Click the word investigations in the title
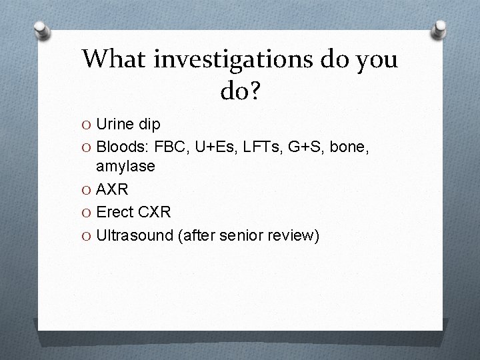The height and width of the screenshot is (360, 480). coord(226,60)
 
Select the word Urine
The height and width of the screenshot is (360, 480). coord(115,124)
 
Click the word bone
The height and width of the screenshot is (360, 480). coord(345,145)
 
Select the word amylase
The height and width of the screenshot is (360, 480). coord(125,166)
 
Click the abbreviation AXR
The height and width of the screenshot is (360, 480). coord(113,190)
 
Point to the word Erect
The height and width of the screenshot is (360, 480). coord(115,212)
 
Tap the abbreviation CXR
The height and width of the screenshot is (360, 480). coord(154,212)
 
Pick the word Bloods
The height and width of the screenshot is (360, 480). coord(119,145)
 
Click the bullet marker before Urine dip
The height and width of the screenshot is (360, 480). coord(87,125)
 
